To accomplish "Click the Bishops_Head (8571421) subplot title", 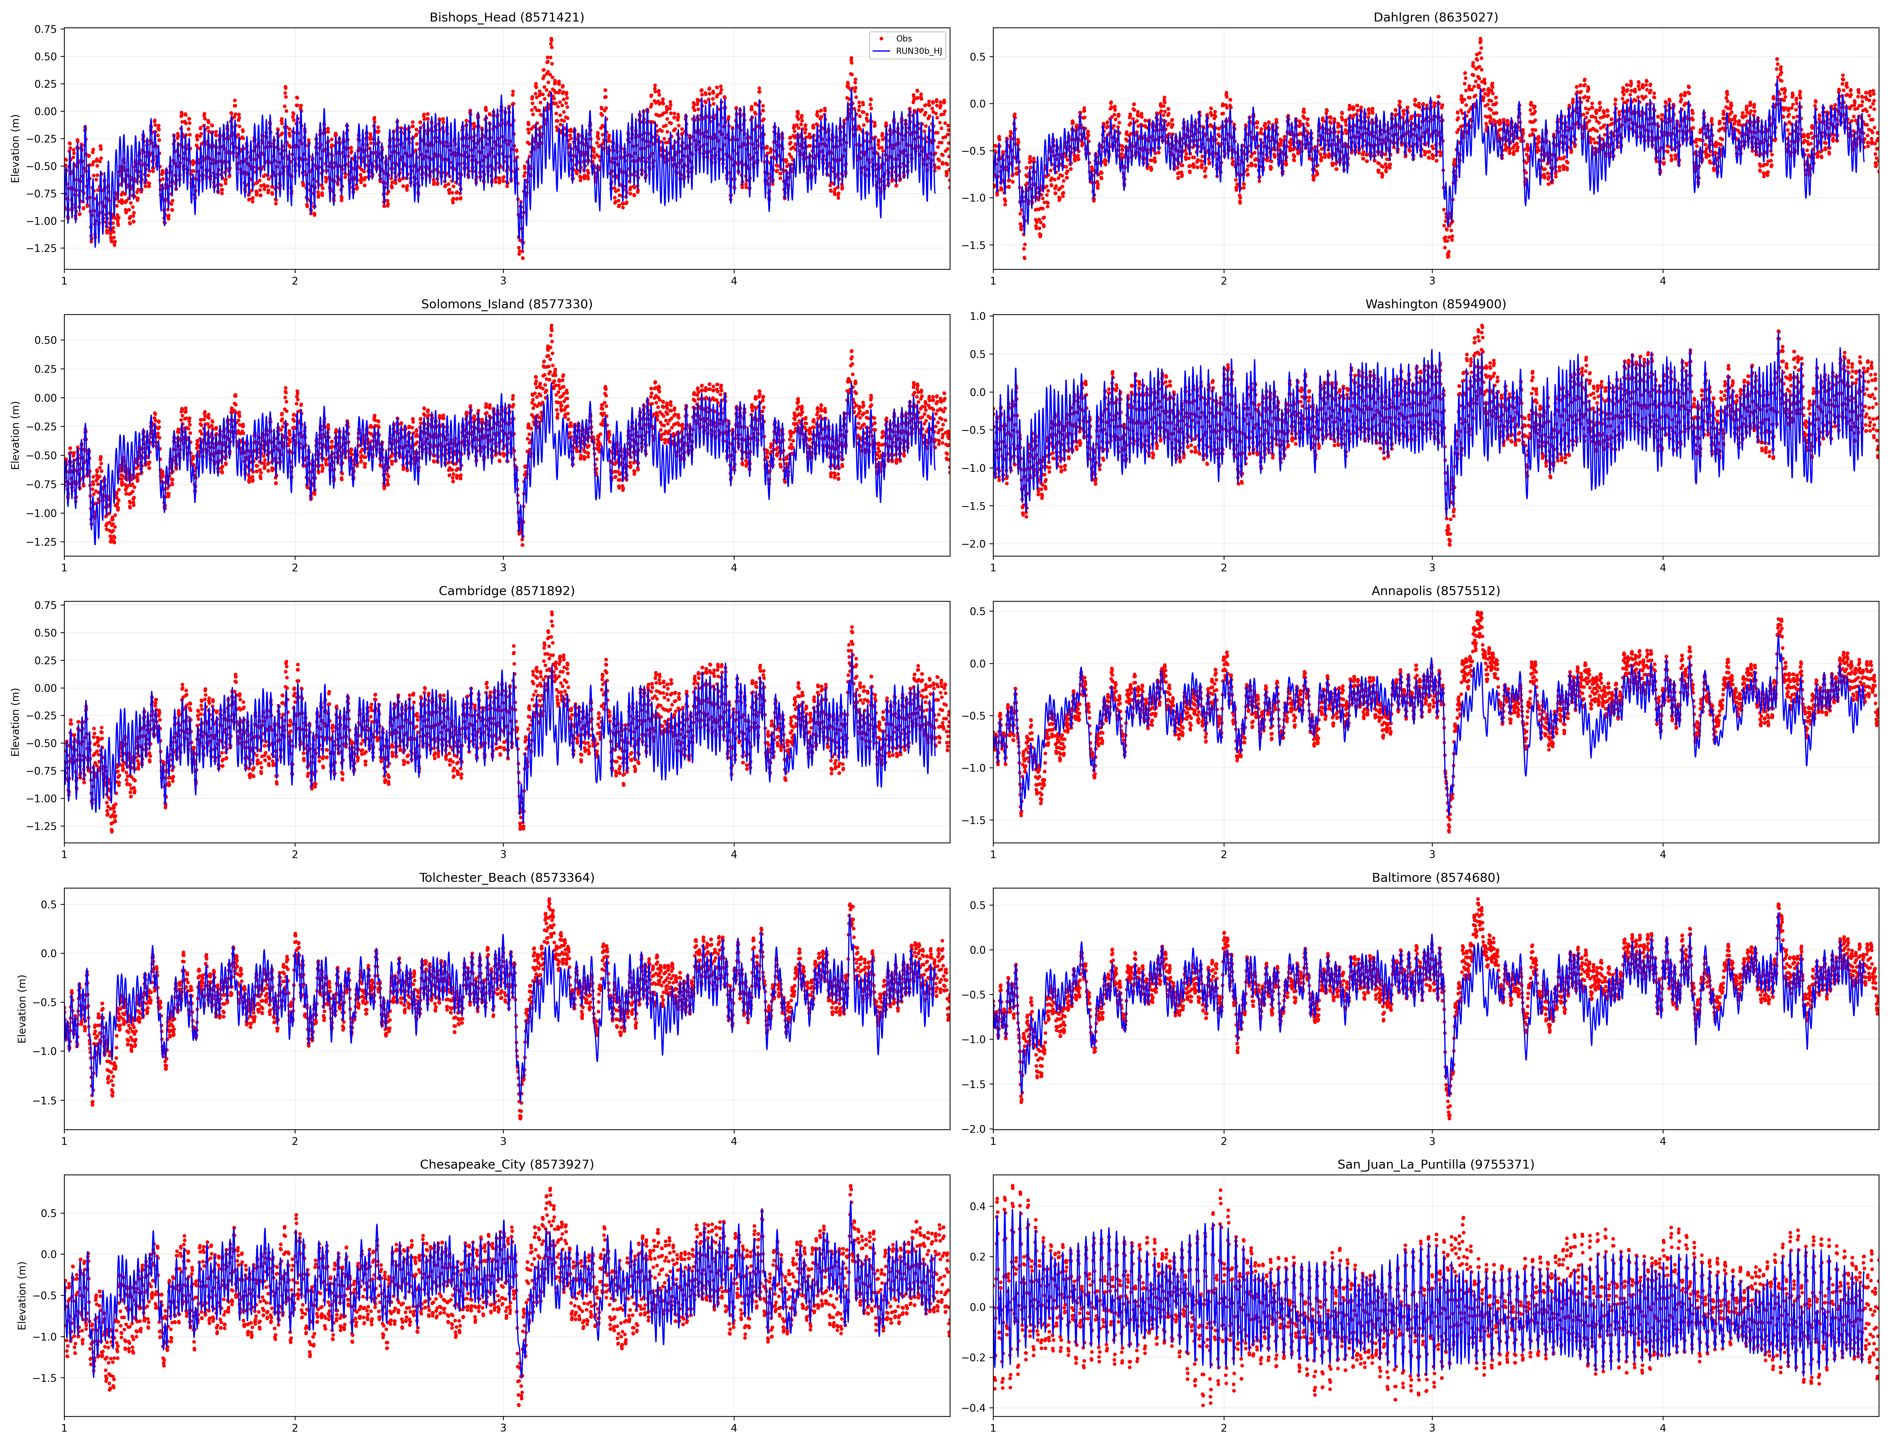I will [x=507, y=17].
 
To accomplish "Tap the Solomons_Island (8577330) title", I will [x=507, y=304].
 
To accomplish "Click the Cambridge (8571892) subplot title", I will [x=507, y=591].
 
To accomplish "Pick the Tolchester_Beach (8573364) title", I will [x=507, y=877].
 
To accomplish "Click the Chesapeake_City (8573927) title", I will [x=507, y=1165].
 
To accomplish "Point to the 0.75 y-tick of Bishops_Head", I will [x=46, y=29].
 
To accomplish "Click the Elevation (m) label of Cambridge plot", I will [x=16, y=722].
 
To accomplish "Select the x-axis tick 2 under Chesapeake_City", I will [x=295, y=1429].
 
